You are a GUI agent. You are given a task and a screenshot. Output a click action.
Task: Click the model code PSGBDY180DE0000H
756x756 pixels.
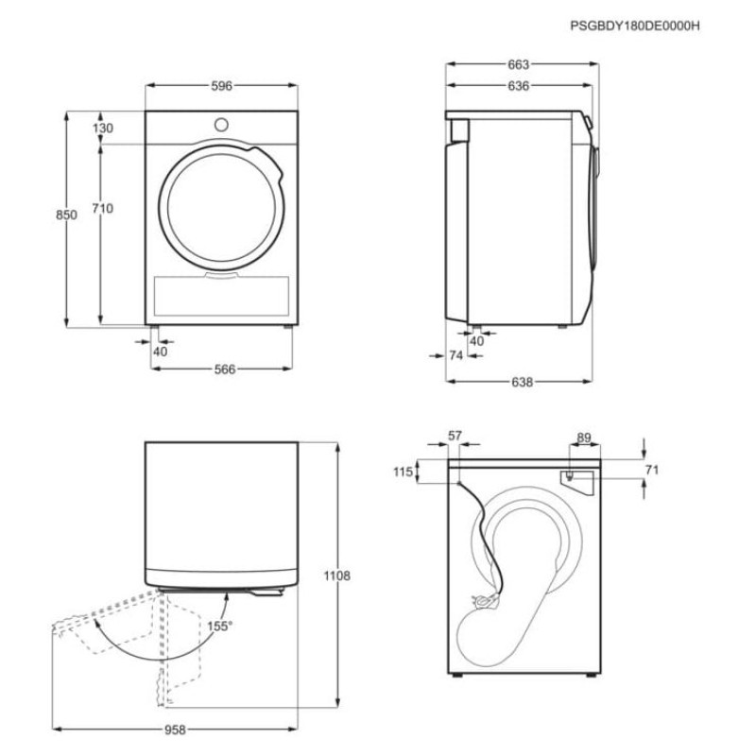click(634, 26)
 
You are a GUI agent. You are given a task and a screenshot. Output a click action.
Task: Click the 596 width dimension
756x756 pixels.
click(222, 86)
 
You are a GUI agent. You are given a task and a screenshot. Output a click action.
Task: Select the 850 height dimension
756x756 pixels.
click(66, 215)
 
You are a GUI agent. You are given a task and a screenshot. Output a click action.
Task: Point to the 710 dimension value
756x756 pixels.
click(103, 208)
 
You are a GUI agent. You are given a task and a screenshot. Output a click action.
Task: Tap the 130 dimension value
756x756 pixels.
click(103, 129)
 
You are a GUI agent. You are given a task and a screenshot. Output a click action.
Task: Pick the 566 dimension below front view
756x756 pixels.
click(225, 369)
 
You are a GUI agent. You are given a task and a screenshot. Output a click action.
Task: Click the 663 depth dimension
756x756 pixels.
click(519, 64)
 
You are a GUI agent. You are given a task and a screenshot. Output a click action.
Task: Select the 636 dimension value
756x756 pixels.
click(519, 86)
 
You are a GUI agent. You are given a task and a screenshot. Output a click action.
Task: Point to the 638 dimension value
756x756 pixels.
click(523, 383)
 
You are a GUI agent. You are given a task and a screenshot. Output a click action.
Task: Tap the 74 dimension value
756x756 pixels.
click(455, 355)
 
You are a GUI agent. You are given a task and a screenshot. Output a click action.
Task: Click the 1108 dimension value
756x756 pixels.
click(337, 576)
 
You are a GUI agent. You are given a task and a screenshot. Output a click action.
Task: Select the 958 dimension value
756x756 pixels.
click(175, 730)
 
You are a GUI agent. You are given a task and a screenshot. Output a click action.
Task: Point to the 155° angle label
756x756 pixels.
click(219, 627)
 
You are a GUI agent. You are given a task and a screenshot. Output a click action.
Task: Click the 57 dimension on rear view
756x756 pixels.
click(455, 436)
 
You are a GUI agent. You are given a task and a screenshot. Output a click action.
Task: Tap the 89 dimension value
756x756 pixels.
click(584, 438)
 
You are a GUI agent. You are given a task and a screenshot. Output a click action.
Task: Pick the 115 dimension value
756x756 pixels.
click(404, 472)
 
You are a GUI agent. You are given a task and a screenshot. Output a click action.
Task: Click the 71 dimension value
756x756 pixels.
click(652, 470)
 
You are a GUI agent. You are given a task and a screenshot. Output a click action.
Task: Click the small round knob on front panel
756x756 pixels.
click(221, 125)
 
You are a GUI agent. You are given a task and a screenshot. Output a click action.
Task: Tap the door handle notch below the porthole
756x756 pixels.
click(221, 275)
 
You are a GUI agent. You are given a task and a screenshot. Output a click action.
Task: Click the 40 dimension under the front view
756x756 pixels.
click(160, 352)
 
